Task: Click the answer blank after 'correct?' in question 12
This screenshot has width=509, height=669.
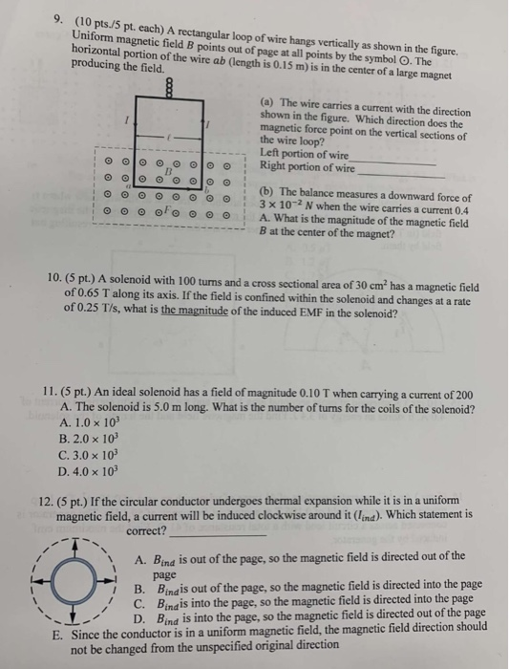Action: pyautogui.click(x=202, y=533)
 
